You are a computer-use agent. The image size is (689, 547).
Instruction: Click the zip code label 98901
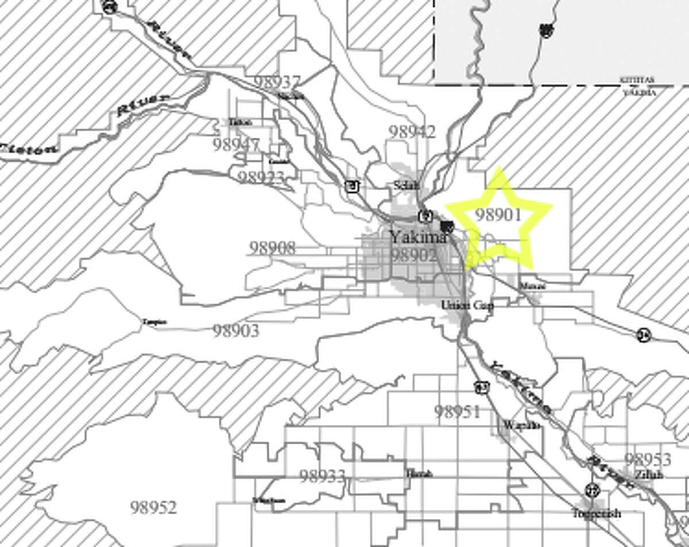(498, 215)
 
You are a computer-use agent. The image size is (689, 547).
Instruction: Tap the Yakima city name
(418, 236)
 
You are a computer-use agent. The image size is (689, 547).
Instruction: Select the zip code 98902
(414, 255)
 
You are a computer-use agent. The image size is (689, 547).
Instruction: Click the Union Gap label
(467, 305)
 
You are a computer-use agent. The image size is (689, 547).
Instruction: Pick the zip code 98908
(272, 248)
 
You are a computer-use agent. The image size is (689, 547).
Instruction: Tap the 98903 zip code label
(235, 331)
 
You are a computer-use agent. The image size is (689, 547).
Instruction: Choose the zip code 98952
(153, 507)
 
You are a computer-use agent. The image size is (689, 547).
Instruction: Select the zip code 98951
(457, 412)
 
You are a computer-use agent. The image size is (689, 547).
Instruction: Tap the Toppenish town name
(597, 513)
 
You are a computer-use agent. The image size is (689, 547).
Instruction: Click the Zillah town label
(649, 475)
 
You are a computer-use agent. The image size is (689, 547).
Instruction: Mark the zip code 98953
(648, 459)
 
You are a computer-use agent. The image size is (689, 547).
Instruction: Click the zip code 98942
(412, 131)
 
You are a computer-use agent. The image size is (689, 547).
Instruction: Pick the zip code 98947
(236, 145)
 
